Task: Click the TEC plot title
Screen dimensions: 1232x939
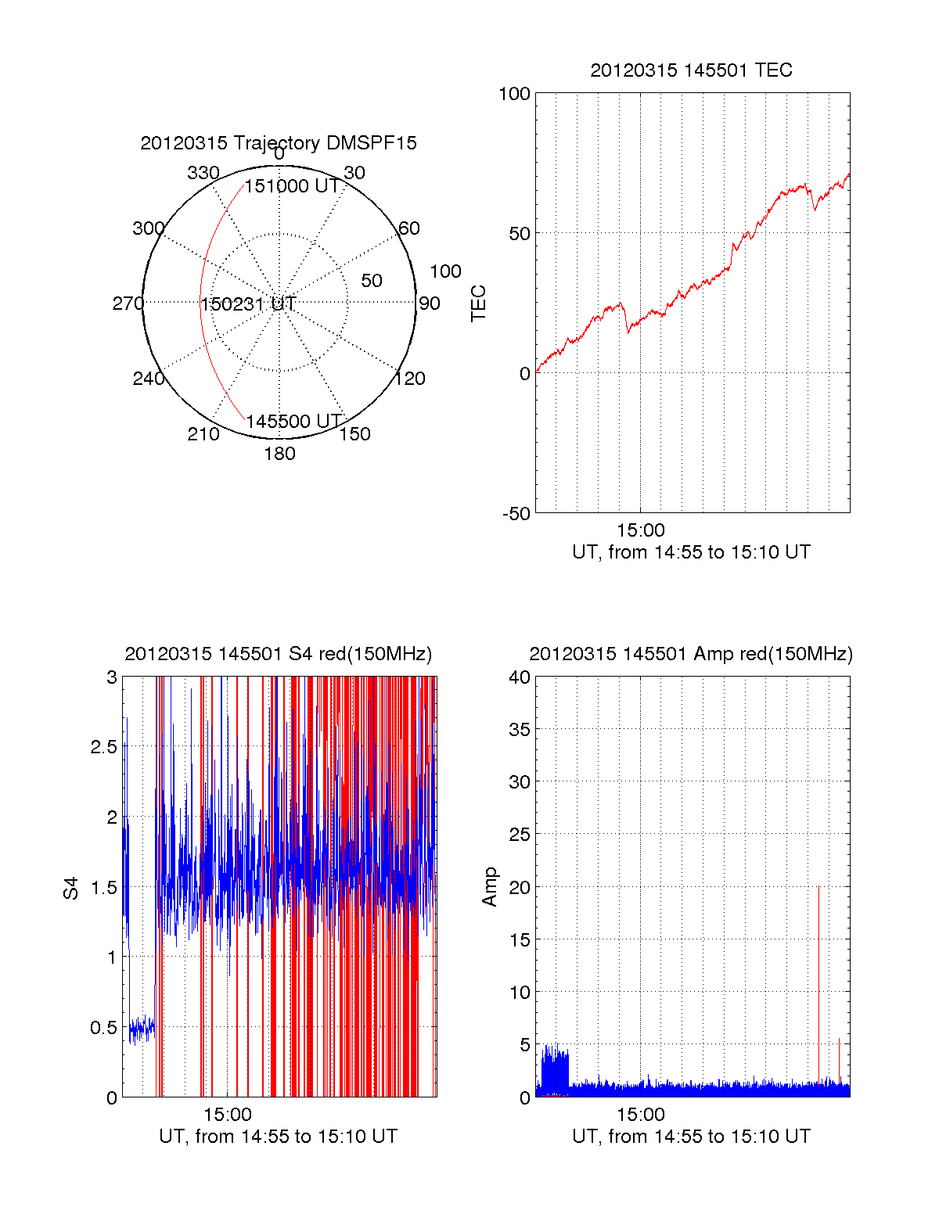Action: [691, 70]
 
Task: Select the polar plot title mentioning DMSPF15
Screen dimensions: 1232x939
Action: [279, 143]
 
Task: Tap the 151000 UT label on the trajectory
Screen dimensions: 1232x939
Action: [292, 186]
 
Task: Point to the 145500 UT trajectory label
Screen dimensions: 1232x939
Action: [293, 422]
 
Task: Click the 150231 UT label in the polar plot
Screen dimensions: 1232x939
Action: [248, 304]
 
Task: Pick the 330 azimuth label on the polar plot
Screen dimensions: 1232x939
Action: [203, 173]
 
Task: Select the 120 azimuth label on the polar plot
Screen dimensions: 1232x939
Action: [410, 379]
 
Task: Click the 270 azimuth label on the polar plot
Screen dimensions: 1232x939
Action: [128, 304]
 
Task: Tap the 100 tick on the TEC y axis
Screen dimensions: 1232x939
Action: [514, 94]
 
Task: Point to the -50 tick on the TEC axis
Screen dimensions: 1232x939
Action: [516, 514]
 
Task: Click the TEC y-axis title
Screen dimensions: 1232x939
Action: [478, 304]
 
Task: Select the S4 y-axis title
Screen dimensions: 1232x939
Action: [71, 888]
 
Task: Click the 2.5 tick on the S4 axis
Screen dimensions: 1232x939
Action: [103, 747]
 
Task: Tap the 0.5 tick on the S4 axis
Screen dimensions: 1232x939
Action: [103, 1028]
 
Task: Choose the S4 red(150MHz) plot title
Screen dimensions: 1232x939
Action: [278, 654]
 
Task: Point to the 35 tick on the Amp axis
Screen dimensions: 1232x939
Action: [520, 730]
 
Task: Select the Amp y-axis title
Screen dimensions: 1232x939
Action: [490, 887]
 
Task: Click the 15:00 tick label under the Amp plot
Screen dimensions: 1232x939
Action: [640, 1115]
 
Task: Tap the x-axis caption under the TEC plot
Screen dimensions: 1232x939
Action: [691, 552]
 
